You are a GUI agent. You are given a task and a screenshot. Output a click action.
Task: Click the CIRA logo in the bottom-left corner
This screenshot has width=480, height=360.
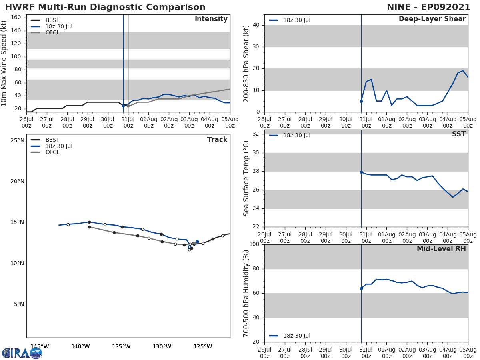(22, 353)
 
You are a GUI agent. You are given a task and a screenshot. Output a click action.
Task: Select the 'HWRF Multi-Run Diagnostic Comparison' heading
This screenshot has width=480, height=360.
(105, 7)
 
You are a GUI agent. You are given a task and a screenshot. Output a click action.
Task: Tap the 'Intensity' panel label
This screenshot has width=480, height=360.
(211, 19)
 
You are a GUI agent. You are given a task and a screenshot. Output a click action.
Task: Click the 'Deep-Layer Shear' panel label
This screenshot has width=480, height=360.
(432, 19)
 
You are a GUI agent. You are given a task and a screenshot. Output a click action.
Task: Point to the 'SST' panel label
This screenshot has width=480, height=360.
(458, 134)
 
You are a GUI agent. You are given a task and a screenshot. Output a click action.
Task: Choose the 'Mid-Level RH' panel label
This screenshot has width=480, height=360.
(441, 249)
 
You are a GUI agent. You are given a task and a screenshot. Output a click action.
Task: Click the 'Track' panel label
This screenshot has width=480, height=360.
(217, 140)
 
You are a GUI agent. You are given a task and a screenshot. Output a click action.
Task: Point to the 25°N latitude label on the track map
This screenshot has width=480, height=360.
(17, 140)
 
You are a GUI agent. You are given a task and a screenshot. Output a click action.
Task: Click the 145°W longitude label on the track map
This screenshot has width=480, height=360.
(40, 346)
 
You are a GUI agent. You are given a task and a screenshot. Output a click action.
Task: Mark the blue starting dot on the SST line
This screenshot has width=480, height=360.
(361, 172)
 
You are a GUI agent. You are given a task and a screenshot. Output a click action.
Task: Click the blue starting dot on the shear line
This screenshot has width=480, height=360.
(361, 101)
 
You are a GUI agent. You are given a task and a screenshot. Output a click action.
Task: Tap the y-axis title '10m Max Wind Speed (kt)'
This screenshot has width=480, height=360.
(4, 63)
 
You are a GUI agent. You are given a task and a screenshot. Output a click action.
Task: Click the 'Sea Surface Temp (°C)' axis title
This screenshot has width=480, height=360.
(246, 178)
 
